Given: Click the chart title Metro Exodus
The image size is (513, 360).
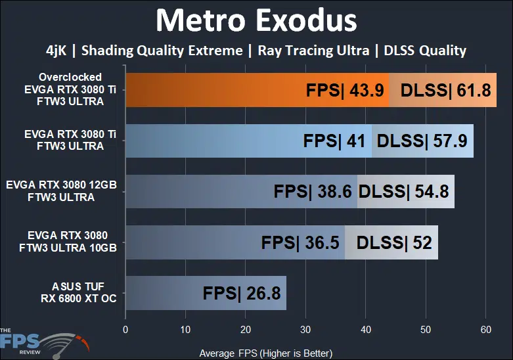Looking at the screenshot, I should pos(256,21).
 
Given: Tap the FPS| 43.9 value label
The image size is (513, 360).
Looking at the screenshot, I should pos(345,91).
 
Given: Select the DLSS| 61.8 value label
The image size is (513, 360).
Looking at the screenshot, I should pos(445,91).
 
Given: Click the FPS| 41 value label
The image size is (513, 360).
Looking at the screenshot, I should pos(335,141).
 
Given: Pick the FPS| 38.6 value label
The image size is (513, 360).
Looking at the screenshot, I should pos(313,192).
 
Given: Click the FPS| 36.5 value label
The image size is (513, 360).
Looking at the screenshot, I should pos(300,242).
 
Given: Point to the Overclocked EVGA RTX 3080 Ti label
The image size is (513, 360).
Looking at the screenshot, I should pos(70,90).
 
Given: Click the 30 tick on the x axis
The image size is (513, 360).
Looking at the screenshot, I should pos(305,329).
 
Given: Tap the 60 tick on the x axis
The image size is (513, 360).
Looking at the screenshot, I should pos(485,329).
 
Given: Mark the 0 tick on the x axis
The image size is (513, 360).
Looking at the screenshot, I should pos(125,329).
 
